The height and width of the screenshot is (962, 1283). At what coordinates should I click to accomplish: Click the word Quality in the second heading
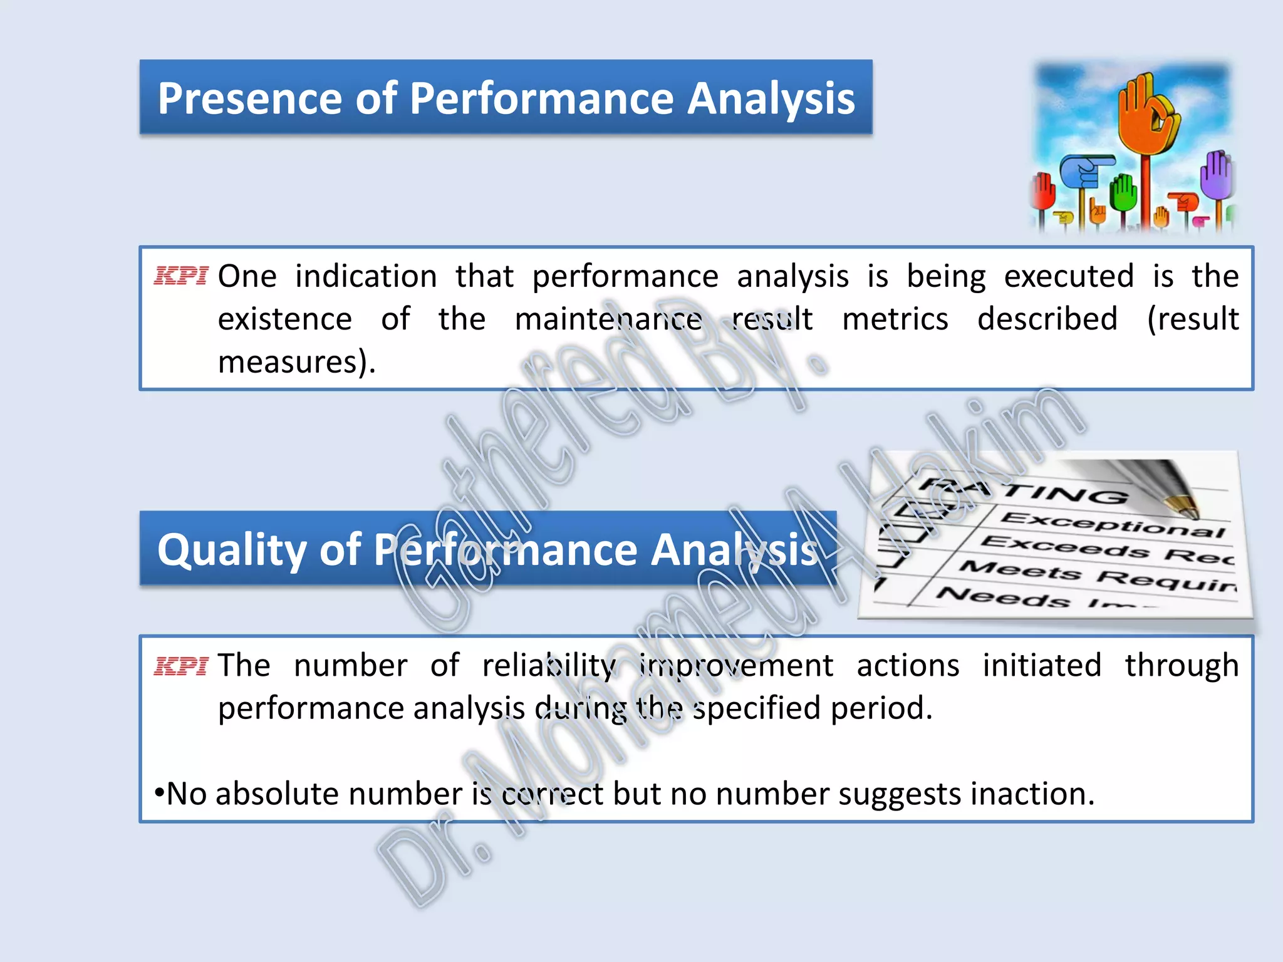(231, 550)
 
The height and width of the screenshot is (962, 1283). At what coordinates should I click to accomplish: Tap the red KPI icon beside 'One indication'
(180, 276)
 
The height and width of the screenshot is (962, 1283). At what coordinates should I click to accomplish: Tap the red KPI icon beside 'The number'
(180, 666)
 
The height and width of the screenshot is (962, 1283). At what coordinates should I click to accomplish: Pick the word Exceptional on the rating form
(1113, 525)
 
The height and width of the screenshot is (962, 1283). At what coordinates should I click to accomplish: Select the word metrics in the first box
(895, 319)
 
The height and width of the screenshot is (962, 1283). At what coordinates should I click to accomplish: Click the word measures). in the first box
(296, 362)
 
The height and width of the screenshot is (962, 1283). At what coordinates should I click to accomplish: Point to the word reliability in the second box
(548, 665)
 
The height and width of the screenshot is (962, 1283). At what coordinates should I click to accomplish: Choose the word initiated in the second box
(1041, 665)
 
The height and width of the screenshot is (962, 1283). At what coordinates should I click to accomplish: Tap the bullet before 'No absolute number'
(159, 794)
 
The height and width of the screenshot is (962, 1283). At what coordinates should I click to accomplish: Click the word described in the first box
(1047, 319)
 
